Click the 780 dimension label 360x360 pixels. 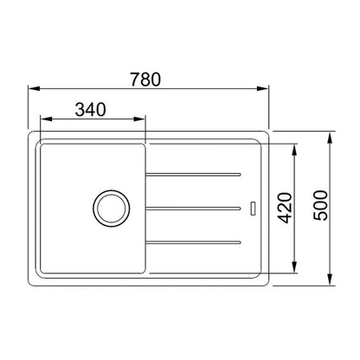145,80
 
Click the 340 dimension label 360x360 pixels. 91,110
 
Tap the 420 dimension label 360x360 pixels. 286,208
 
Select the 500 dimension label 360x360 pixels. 320,206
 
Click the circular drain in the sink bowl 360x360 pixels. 112,209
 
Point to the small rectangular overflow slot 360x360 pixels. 253,209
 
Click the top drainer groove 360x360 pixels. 193,174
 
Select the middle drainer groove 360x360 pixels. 193,209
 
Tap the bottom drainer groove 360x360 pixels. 193,242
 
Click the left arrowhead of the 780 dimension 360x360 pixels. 34,88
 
